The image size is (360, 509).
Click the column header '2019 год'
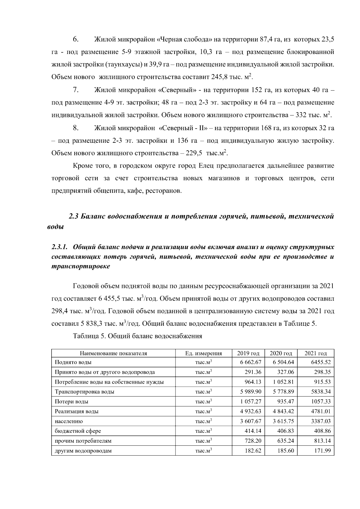[248, 353]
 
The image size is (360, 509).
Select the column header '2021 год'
[316, 353]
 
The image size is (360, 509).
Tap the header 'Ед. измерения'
[204, 353]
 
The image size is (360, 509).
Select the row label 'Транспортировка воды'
[84, 392]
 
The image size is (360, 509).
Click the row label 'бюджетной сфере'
[78, 431]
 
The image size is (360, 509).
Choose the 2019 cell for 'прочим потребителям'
[253, 441]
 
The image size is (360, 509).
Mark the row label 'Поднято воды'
[73, 362]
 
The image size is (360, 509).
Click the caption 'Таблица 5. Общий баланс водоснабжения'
[137, 336]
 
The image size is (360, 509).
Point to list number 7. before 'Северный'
[76, 90]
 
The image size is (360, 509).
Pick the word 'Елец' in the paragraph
[206, 166]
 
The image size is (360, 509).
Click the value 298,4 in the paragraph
[60, 311]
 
